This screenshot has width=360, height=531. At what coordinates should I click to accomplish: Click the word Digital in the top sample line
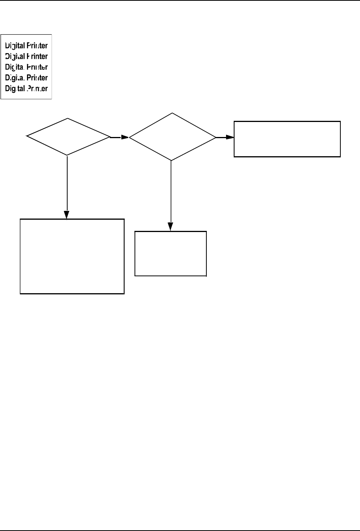15,46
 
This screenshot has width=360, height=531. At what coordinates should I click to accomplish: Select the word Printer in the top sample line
37,46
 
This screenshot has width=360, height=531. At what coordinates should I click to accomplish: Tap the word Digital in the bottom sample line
15,88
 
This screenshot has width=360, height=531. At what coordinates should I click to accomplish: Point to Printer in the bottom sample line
37,88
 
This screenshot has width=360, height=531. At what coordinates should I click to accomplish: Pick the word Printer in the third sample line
37,67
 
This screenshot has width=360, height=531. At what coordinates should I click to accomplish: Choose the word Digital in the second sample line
15,57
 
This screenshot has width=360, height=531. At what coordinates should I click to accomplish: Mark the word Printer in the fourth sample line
37,78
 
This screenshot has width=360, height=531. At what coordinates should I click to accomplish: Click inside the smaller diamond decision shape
68,137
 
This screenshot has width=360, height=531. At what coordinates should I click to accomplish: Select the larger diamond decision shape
172,137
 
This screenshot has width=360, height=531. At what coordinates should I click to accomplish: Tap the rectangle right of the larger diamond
287,139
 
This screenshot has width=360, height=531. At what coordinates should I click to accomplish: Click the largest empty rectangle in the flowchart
72,256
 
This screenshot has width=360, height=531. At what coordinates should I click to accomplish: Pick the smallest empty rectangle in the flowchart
171,254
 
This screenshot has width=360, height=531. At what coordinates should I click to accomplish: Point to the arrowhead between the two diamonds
125,137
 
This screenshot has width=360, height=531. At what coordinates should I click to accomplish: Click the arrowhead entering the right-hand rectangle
230,137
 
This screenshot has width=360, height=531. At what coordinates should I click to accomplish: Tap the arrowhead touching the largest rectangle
67,215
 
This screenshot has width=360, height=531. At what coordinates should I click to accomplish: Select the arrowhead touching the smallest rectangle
171,227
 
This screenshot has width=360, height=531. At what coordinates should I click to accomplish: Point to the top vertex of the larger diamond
172,113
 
